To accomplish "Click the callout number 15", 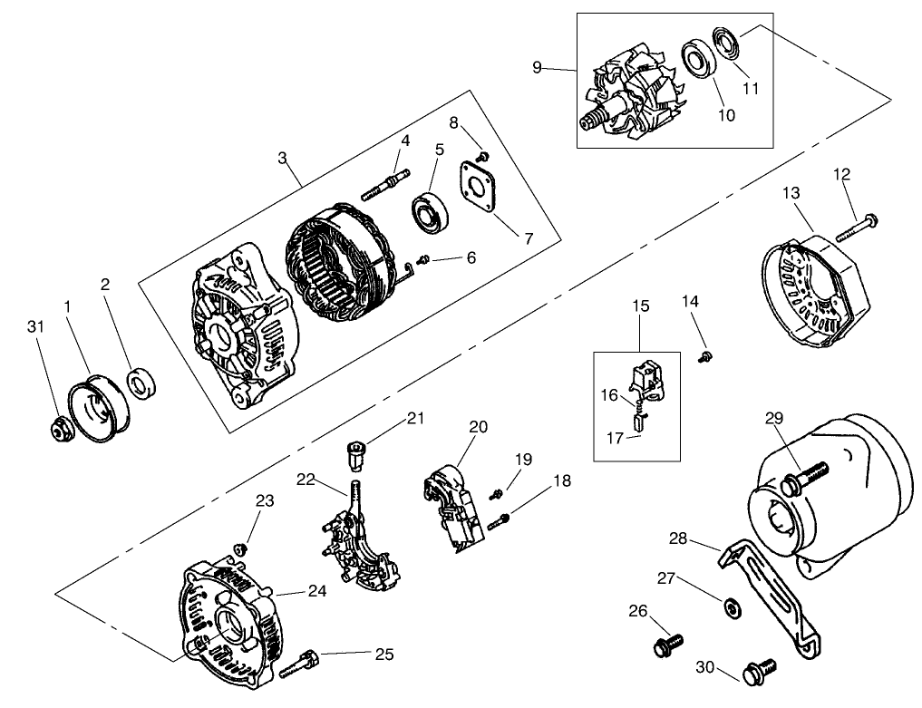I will click(x=641, y=306).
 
